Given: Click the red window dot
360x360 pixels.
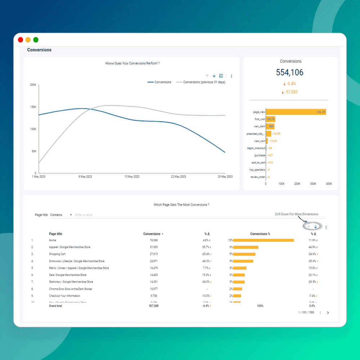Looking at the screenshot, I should click(x=21, y=40).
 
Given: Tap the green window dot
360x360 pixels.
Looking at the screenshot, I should click(x=36, y=40).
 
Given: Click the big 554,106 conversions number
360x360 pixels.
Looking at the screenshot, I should click(x=289, y=72).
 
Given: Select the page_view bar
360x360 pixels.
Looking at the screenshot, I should click(x=296, y=112).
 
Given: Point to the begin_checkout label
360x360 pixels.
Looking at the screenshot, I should click(x=256, y=148).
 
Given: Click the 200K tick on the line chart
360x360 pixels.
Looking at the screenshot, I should click(x=33, y=85).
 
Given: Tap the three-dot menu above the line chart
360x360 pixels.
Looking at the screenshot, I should click(x=231, y=76).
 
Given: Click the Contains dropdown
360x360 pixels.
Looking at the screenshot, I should click(x=61, y=215).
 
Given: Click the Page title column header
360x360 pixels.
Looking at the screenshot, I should click(x=55, y=234).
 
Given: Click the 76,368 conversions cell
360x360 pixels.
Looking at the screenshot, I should click(x=154, y=240).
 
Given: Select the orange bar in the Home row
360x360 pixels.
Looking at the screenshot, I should click(x=264, y=240).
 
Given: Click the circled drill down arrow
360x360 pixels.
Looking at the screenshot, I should click(x=315, y=227).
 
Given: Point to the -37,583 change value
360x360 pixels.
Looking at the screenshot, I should click(x=291, y=92).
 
